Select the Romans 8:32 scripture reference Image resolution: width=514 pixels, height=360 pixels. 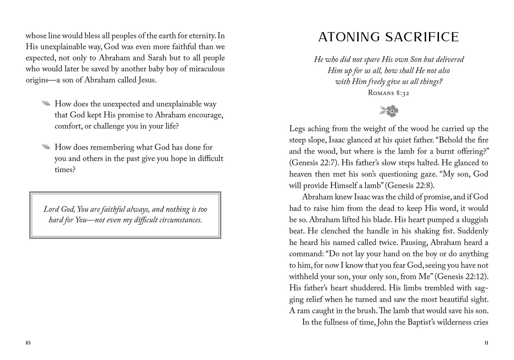click(x=388, y=93)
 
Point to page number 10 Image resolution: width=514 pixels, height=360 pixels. click(x=28, y=343)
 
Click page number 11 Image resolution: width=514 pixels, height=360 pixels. click(x=486, y=343)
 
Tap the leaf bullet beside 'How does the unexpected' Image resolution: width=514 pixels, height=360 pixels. click(x=46, y=104)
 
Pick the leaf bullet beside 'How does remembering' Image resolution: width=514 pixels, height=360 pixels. click(x=46, y=147)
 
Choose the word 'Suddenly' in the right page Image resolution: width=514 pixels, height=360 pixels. click(x=473, y=231)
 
